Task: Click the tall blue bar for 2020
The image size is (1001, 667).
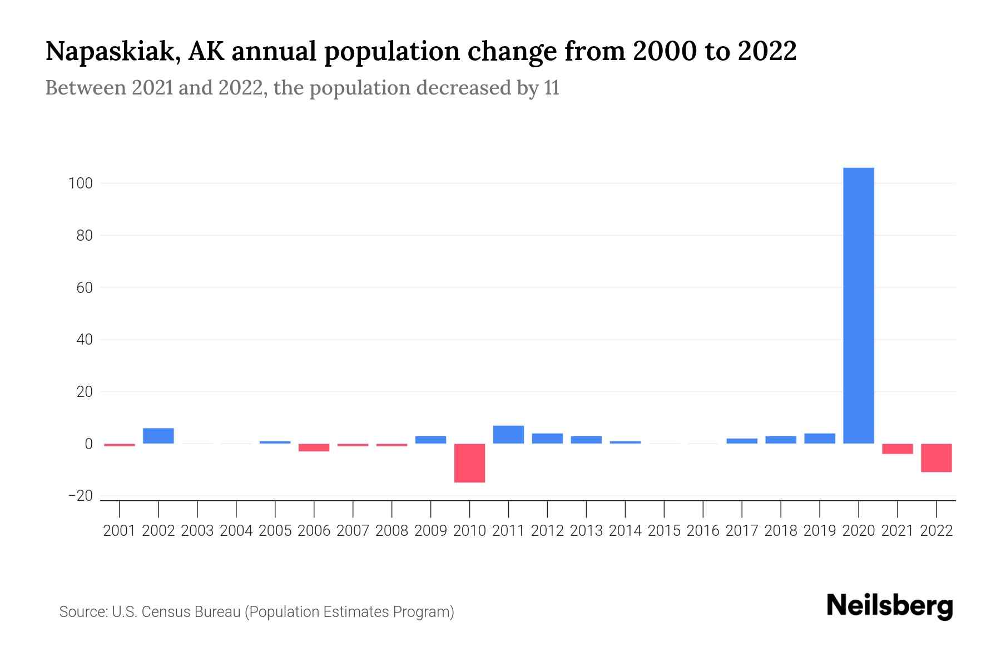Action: coord(858,306)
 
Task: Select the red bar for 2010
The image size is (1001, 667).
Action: coord(469,462)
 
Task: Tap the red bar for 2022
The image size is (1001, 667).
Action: coord(936,457)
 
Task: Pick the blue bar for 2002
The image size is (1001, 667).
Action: coord(158,436)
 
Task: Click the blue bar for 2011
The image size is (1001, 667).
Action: coord(508,435)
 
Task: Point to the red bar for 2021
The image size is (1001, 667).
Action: coord(897,449)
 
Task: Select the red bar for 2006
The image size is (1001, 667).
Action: coord(314,447)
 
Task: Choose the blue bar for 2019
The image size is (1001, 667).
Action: coord(819,439)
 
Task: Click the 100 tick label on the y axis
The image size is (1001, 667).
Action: coord(80,183)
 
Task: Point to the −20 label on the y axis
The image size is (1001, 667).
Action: coord(80,496)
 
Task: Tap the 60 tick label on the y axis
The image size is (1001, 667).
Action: coord(84,288)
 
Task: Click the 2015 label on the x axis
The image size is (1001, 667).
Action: coord(664,531)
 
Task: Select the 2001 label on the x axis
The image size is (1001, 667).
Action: coord(120,531)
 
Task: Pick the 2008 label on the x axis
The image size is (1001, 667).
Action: coord(392,531)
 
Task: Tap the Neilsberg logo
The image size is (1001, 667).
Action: coord(890,606)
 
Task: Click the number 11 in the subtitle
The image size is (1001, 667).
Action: coord(552,88)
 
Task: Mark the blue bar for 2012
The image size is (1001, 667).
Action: coord(547,439)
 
